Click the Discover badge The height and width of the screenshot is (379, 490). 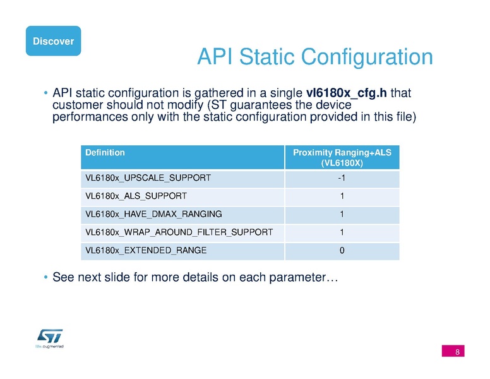(x=53, y=41)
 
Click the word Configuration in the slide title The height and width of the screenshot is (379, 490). (x=367, y=57)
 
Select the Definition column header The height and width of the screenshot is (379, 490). (x=105, y=152)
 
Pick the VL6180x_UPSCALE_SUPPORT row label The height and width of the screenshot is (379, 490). (x=148, y=179)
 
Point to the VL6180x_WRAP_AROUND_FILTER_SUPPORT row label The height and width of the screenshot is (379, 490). (x=179, y=232)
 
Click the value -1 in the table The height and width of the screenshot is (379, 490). (x=342, y=179)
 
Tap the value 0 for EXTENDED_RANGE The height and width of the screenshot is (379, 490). (x=342, y=250)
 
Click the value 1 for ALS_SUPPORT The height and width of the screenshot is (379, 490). (x=342, y=196)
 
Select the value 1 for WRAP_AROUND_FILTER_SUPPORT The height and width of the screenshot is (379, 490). (x=342, y=232)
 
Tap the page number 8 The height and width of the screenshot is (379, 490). (x=456, y=351)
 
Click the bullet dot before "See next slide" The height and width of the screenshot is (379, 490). (x=46, y=277)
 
